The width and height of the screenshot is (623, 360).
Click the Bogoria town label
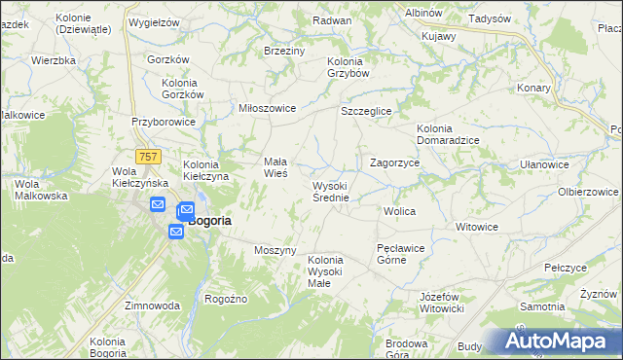[209, 221]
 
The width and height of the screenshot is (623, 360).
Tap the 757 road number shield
[149, 157]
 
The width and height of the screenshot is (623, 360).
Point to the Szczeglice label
[365, 112]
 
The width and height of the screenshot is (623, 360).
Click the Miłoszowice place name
[267, 108]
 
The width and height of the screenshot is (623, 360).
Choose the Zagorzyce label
[394, 163]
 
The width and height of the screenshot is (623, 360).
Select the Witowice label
[477, 226]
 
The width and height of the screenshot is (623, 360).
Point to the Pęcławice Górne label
[400, 254]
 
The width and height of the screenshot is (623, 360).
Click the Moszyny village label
[275, 250]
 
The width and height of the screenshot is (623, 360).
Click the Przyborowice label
[165, 123]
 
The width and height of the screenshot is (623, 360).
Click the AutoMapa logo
[558, 342]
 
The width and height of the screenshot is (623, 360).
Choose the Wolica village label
[400, 210]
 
